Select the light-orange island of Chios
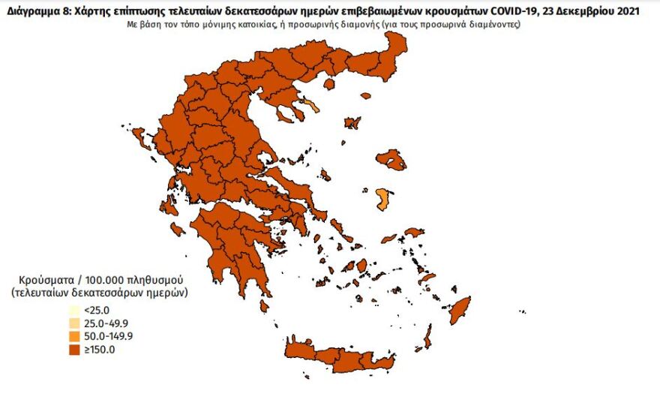click(x=382, y=199)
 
